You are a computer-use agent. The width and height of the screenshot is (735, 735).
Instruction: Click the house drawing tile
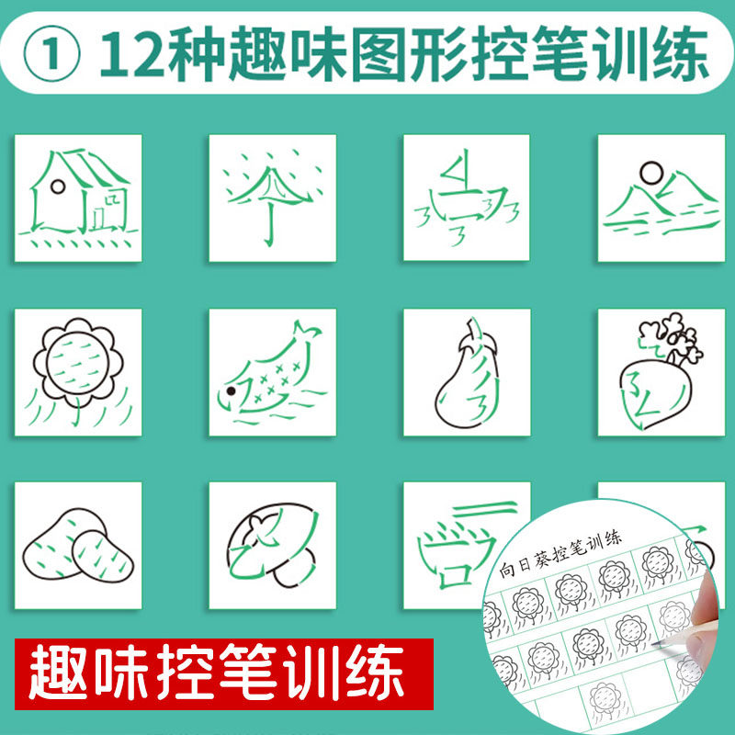click(79, 197)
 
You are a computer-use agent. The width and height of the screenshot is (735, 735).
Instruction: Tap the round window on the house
click(58, 186)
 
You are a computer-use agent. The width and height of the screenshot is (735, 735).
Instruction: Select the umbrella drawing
click(271, 197)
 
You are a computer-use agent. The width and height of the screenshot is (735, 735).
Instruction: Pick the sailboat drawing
click(466, 197)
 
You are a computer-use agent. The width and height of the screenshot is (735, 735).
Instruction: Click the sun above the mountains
click(650, 171)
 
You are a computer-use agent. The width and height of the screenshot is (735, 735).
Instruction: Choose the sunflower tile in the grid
click(79, 371)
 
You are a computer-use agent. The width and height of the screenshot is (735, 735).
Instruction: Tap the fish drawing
click(271, 371)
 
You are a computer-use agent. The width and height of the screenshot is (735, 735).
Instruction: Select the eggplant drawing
click(466, 371)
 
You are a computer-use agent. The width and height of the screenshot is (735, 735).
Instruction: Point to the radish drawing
click(660, 371)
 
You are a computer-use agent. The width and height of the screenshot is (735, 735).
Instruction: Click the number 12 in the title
click(128, 57)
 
